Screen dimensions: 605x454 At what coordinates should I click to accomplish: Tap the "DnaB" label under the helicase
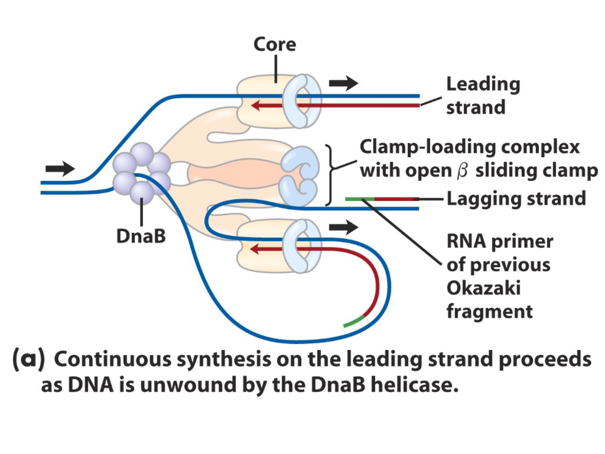click(x=141, y=236)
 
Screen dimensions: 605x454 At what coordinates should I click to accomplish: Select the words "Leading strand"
click(x=483, y=96)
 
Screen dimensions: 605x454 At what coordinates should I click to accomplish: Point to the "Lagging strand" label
click(x=516, y=199)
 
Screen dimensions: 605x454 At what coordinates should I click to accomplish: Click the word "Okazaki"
click(x=483, y=288)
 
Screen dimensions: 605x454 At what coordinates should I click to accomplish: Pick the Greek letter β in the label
click(x=462, y=171)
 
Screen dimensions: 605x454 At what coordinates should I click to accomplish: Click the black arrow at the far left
click(x=60, y=168)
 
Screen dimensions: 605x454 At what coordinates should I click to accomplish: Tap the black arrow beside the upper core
click(x=343, y=83)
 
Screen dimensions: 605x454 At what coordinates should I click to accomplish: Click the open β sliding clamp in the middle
click(x=300, y=176)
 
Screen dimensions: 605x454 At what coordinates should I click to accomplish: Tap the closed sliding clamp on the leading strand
click(x=302, y=100)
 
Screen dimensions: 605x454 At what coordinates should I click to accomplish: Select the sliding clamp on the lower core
click(x=302, y=245)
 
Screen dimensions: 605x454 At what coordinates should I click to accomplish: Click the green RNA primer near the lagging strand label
click(x=360, y=199)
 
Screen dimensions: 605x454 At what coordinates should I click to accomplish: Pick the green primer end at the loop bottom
click(x=353, y=322)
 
